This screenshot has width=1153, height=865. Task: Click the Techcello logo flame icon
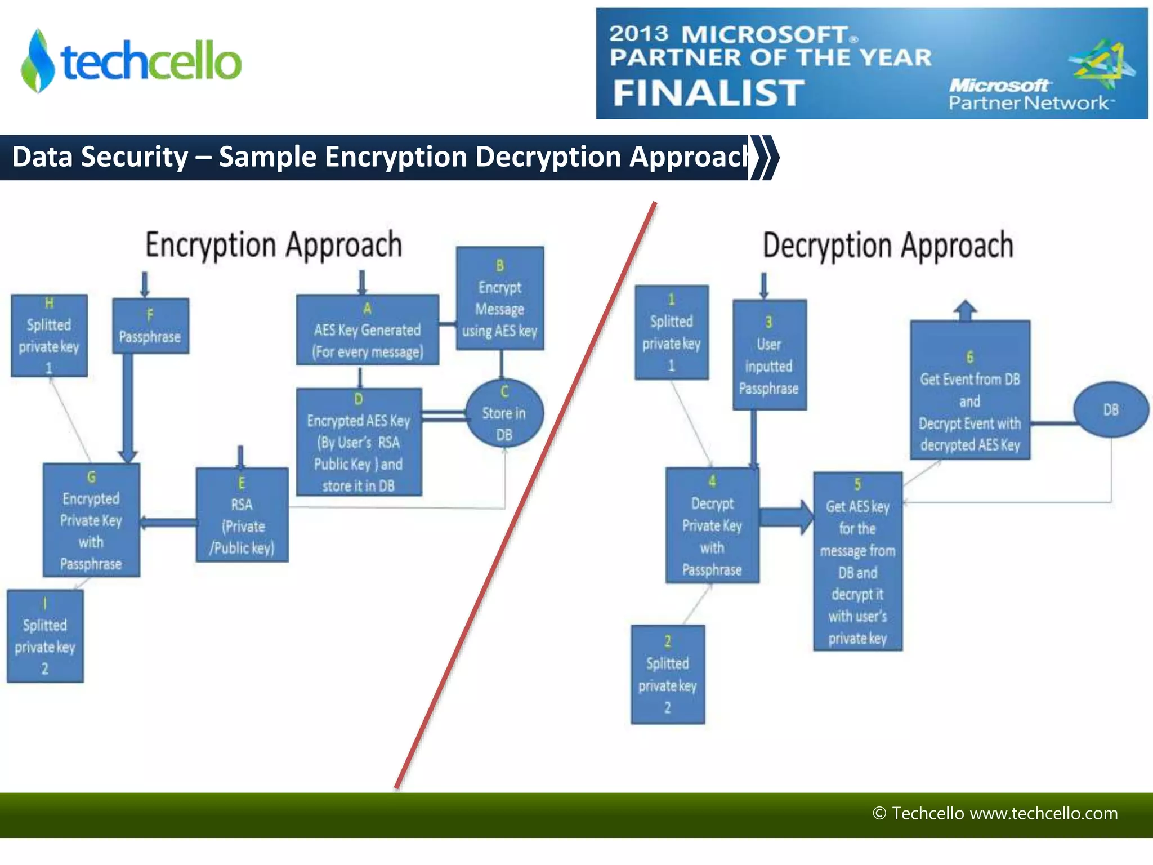point(38,61)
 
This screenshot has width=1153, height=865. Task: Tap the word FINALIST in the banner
point(708,93)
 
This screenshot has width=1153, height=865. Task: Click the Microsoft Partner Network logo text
point(1028,95)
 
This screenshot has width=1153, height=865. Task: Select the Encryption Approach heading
point(274,245)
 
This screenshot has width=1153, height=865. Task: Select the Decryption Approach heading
point(888,246)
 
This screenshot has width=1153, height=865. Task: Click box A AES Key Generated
point(367,330)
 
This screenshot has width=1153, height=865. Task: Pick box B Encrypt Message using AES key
point(500,298)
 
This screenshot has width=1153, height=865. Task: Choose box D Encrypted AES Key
point(359,442)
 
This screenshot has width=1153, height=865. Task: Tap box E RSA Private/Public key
point(242,515)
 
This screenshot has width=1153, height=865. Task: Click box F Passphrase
point(150,326)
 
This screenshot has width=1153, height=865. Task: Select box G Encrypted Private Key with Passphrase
point(91,520)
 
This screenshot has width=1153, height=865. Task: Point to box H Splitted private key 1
point(49,336)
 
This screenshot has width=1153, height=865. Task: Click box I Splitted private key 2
point(45,636)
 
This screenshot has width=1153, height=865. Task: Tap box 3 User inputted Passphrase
point(769,355)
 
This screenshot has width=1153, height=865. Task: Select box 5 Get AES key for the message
point(857,561)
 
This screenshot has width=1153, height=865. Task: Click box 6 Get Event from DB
point(969,390)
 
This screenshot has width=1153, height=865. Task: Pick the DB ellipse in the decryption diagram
point(1110,409)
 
